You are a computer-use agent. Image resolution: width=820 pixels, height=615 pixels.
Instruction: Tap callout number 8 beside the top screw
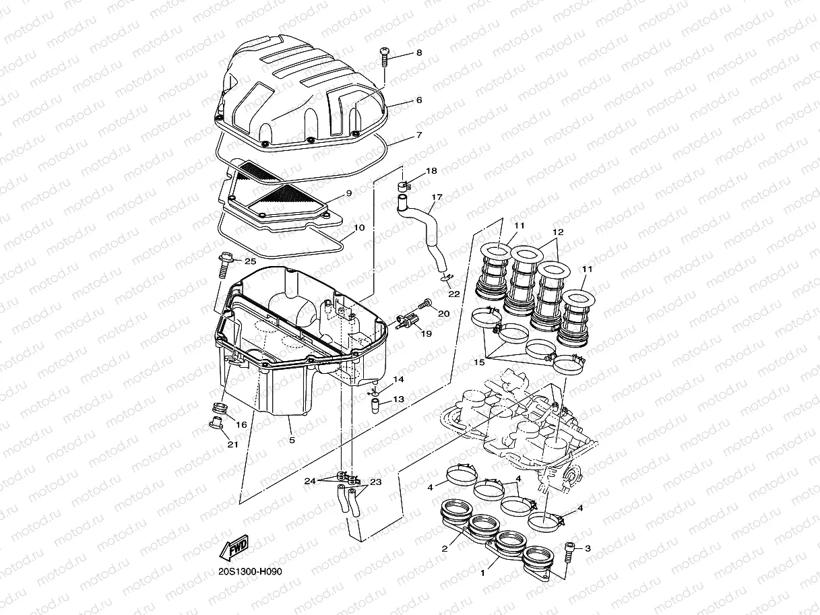(x=418, y=53)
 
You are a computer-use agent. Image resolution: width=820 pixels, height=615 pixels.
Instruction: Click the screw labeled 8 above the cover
(x=385, y=57)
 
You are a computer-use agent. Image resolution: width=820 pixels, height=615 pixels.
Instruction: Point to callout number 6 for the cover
(x=418, y=100)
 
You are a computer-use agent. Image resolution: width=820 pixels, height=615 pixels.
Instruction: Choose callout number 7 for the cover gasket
(x=418, y=135)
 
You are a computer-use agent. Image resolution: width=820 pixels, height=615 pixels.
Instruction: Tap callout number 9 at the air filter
(x=348, y=193)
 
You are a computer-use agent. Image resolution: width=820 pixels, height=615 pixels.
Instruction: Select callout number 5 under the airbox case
(x=292, y=441)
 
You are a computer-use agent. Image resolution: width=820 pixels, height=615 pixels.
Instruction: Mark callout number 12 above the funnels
(x=557, y=232)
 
